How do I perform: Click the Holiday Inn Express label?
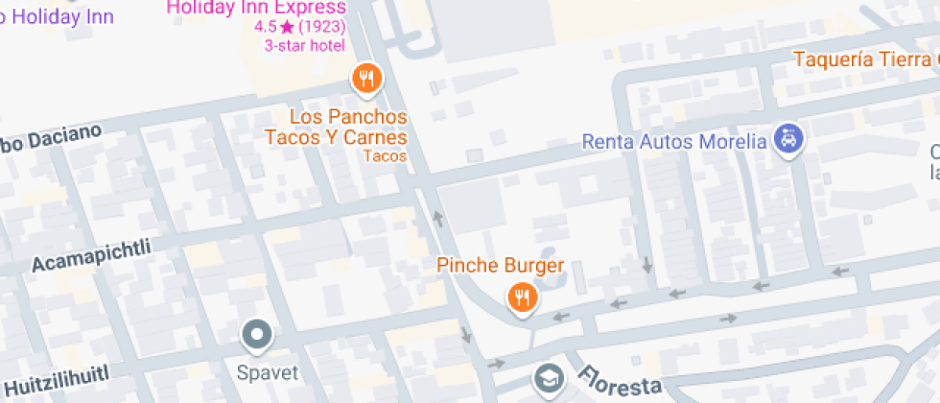[x=256, y=9]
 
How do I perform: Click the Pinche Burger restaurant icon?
[x=523, y=297]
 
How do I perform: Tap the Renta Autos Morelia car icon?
[x=788, y=140]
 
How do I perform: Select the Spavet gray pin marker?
[x=257, y=335]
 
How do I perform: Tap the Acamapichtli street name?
[x=91, y=253]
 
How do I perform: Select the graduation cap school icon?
[x=550, y=377]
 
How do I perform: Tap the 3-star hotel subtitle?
[x=304, y=45]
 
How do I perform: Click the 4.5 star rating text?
[x=265, y=27]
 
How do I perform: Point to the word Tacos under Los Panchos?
[x=386, y=156]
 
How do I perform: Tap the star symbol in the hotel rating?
[x=287, y=27]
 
